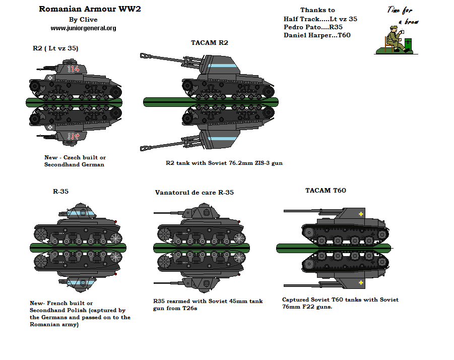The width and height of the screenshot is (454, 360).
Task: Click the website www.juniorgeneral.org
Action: (83, 28)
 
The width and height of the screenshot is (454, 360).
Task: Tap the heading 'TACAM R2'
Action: (209, 42)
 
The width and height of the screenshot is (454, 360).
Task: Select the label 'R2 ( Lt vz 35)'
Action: (55, 48)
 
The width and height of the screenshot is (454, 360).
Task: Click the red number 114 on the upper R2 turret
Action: (74, 69)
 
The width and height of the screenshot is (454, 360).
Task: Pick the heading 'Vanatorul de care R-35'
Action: (194, 193)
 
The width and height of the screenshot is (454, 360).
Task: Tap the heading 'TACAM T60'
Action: (325, 191)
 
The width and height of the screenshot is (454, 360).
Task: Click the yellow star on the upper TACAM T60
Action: (360, 214)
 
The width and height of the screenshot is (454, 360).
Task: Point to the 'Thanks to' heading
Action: (317, 10)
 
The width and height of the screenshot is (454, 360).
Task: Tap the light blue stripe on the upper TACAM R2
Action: (220, 66)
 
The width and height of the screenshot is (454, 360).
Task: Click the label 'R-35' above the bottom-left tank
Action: (60, 192)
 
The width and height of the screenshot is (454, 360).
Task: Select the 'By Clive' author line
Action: (83, 20)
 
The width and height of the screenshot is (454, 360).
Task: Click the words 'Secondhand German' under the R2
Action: (74, 164)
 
